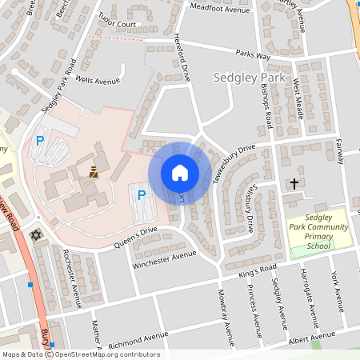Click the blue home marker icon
coord(180,173)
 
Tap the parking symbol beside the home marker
coord(142,194)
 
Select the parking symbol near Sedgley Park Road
coord(39,141)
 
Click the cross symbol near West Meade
coord(294,184)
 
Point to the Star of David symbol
coord(34,235)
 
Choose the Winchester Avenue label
coord(164,258)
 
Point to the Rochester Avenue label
coord(72,277)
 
